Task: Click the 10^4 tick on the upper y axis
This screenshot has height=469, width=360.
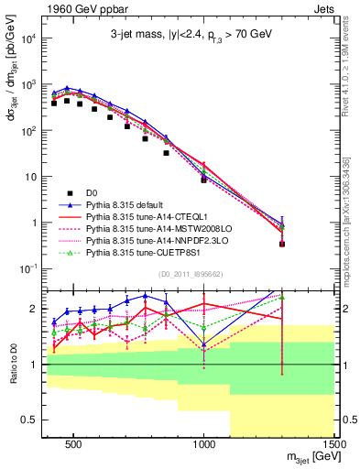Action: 27,39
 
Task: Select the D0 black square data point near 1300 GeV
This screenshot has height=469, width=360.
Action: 282,244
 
